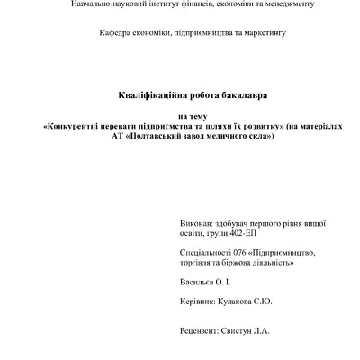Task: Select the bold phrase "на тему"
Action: coord(180,116)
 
